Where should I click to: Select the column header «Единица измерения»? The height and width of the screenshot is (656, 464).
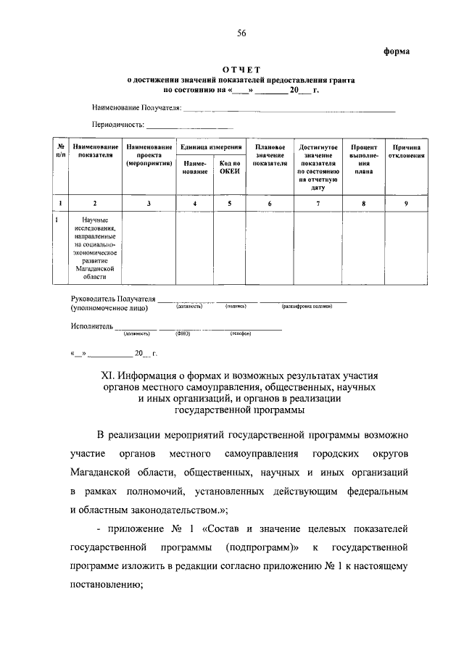click(211, 147)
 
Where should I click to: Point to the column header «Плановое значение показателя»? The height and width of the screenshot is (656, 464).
click(269, 155)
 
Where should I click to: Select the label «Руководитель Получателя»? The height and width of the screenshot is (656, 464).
click(114, 299)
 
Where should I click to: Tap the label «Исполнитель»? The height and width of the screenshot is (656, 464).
click(91, 326)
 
